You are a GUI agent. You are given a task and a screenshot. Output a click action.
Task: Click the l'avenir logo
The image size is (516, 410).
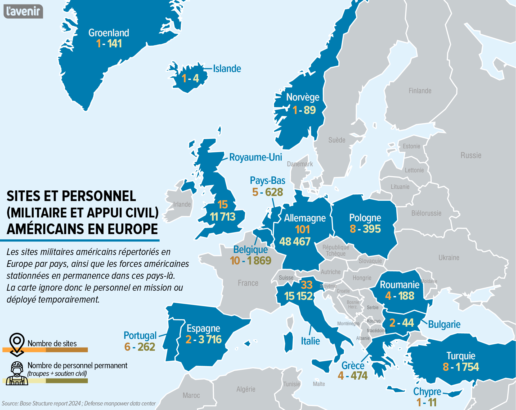pos(23,11)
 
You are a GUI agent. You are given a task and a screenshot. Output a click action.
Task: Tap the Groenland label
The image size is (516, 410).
pos(109,33)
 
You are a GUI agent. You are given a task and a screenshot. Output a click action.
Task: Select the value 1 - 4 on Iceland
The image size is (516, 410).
pos(190,78)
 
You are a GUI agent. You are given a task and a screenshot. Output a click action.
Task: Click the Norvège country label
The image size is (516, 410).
pos(303,97)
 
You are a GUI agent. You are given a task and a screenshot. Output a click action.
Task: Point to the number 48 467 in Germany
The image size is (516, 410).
pos(295,242)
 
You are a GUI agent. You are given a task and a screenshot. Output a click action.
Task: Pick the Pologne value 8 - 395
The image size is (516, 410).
pos(365,229)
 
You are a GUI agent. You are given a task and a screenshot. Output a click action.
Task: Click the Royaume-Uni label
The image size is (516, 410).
pos(255,157)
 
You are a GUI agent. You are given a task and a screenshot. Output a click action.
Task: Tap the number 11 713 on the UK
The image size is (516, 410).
pos(222,217)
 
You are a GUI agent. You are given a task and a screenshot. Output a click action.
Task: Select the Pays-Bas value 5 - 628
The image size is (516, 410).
pos(267,192)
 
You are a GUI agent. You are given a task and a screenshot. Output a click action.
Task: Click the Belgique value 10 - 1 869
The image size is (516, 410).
pos(250,261)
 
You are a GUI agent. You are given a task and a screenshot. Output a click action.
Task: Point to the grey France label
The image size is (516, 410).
pos(248,283)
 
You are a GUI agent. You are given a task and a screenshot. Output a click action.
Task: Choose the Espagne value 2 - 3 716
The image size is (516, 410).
pos(203,339)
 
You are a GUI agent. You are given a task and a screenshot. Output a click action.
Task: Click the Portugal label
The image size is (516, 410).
pos(140,335)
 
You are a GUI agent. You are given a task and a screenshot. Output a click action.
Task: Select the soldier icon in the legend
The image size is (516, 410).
pos(17,373)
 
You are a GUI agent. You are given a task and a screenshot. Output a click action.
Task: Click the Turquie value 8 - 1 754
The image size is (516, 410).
pos(461,367)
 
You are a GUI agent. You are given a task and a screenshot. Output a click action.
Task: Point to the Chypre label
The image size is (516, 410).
pos(427,391)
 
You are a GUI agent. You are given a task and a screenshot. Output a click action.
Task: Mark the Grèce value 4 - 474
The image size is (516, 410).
pos(352,376)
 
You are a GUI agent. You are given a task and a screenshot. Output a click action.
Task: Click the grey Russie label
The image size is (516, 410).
pos(471,155)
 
